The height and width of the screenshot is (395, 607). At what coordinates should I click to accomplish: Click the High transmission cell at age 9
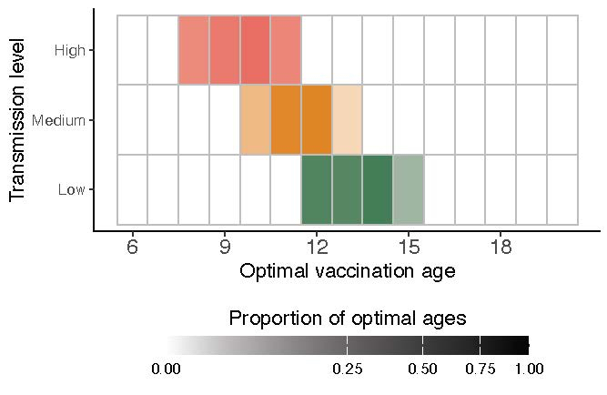[225, 50]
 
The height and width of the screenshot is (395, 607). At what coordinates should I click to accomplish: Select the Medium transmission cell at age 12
[317, 120]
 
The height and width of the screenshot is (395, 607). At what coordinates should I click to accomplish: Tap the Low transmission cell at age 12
[317, 189]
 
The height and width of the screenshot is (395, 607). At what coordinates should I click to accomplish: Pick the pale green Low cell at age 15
[409, 189]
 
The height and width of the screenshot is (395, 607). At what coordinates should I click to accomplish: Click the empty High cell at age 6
[133, 50]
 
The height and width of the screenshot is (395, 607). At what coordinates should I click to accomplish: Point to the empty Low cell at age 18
[501, 189]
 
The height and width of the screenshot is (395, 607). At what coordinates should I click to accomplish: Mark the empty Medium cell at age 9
[225, 120]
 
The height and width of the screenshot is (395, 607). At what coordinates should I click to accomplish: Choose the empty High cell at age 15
[409, 50]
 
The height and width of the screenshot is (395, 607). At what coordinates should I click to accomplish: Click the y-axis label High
[70, 51]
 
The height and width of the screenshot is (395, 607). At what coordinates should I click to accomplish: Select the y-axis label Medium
[58, 120]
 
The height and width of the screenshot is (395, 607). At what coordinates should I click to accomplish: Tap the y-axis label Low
[72, 190]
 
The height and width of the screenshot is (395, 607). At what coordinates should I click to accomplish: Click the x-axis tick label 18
[501, 247]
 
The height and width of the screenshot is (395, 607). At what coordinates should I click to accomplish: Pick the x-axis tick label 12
[317, 247]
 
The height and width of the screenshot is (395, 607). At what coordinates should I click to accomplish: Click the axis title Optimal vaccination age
[347, 271]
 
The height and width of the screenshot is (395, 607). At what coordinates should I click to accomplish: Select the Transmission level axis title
[17, 119]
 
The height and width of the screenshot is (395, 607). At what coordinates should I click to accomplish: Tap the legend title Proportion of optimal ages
[348, 319]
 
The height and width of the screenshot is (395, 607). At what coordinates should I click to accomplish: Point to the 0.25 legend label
[348, 369]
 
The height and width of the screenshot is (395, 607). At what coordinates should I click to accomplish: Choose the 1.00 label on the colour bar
[529, 369]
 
